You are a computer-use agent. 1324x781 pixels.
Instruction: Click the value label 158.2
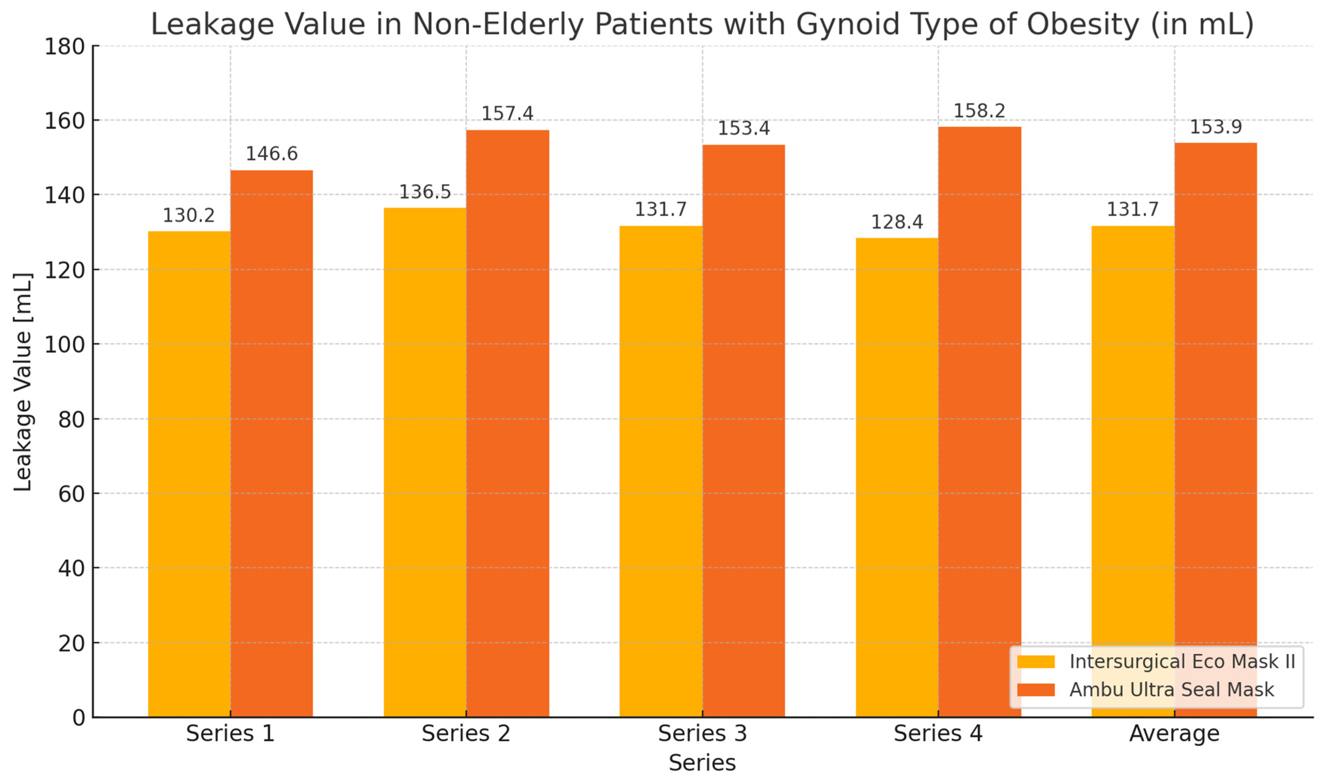click(x=979, y=111)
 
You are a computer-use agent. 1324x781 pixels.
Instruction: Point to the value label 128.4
click(x=896, y=222)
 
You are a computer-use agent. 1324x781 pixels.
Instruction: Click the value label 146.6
click(x=271, y=154)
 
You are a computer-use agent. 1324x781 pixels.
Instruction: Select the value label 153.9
click(x=1215, y=127)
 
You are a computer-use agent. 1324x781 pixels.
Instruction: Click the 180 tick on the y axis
click(x=64, y=47)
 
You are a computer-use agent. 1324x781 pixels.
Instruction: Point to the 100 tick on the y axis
click(x=64, y=345)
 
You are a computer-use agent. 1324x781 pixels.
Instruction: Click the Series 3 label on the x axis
click(x=702, y=733)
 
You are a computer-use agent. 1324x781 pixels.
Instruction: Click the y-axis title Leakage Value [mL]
click(x=23, y=382)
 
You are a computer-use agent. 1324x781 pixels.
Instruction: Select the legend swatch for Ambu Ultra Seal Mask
click(x=1035, y=689)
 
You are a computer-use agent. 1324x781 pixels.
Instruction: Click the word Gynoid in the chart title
click(x=847, y=24)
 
